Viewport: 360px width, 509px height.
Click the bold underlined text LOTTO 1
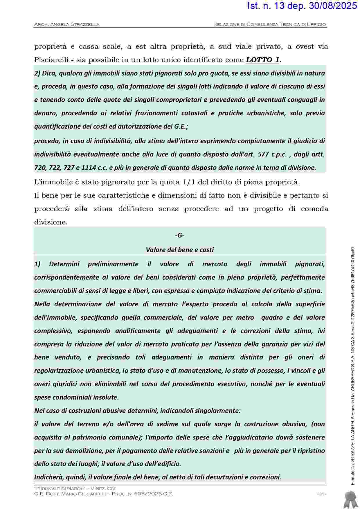point(263,60)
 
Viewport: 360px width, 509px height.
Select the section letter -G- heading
point(180,235)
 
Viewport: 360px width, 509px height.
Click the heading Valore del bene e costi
point(180,250)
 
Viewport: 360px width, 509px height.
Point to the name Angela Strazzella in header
point(75,24)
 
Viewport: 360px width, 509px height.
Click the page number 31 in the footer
point(321,494)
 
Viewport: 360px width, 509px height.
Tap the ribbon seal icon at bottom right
point(350,499)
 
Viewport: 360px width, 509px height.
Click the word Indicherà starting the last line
point(48,477)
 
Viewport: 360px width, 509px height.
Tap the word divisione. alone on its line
point(51,222)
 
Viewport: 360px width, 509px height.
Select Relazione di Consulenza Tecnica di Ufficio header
point(269,24)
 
